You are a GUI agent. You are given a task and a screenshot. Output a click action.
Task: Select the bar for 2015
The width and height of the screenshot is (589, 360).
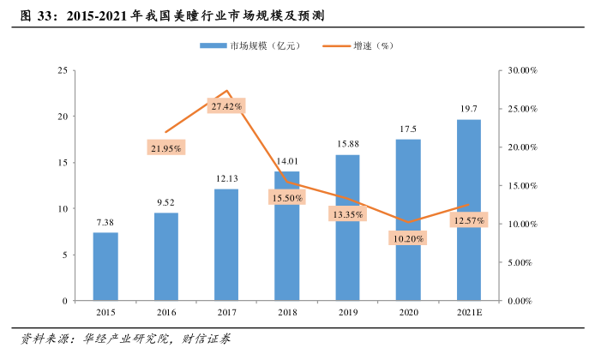point(105,267)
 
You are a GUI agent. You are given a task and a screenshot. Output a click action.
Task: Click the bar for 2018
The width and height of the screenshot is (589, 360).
point(287,236)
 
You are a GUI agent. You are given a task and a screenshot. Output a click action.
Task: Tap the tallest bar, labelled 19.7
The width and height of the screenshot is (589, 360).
point(469,210)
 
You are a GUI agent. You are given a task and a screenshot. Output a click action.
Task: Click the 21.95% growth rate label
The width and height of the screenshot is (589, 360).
point(165,148)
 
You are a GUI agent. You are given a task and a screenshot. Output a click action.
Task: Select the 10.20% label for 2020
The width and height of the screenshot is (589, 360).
point(408,238)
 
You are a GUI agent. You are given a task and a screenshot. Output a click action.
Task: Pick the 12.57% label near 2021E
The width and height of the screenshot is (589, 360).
point(468,221)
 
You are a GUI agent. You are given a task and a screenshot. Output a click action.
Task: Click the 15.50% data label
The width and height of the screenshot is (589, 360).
point(286,198)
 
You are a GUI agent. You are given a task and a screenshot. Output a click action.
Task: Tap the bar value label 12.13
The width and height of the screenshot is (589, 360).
point(226,178)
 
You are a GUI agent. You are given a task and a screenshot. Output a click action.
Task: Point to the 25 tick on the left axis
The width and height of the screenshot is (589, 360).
point(62,70)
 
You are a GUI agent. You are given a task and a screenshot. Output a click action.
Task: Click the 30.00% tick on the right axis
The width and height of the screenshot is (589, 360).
point(520,70)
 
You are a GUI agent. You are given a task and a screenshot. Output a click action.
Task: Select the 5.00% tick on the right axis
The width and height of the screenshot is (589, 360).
point(520,262)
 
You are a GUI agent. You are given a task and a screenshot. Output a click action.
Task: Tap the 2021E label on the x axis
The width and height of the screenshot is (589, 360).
point(469,314)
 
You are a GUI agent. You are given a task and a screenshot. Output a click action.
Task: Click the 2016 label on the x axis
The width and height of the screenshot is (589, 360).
point(165,314)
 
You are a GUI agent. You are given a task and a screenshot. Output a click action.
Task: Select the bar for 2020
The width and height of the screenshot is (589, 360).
point(408,219)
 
